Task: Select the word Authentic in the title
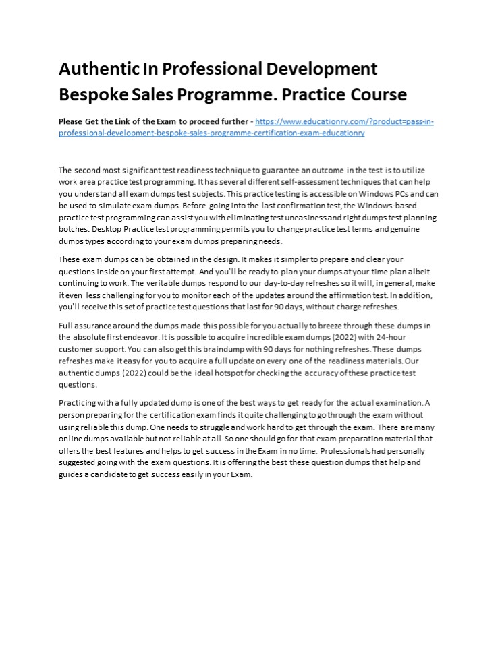click(97, 69)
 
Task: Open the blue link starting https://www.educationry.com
click(344, 122)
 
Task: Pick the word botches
click(74, 230)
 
